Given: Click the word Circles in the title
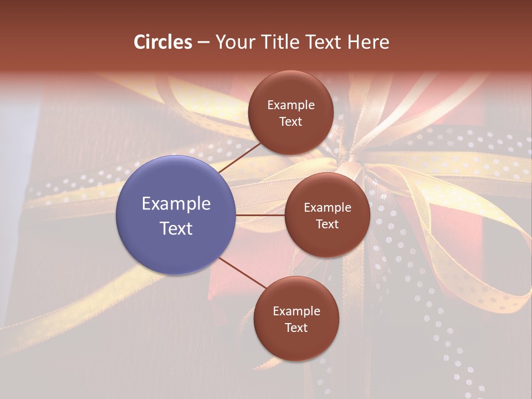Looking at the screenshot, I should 163,42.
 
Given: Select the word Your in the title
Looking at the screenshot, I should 235,42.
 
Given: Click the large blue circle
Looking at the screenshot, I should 176,215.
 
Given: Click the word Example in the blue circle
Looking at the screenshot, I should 176,204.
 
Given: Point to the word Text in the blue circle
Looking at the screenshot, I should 176,228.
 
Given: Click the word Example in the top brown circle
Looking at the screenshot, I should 290,105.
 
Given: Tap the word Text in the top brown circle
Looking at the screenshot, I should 290,121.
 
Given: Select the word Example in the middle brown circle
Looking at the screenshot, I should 327,208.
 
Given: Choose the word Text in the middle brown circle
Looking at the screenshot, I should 327,224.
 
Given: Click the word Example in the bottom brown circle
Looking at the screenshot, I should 296,311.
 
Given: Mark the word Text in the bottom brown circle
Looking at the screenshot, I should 296,328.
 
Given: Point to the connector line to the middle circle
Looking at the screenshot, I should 260,215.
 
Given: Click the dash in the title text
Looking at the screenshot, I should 203,43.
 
